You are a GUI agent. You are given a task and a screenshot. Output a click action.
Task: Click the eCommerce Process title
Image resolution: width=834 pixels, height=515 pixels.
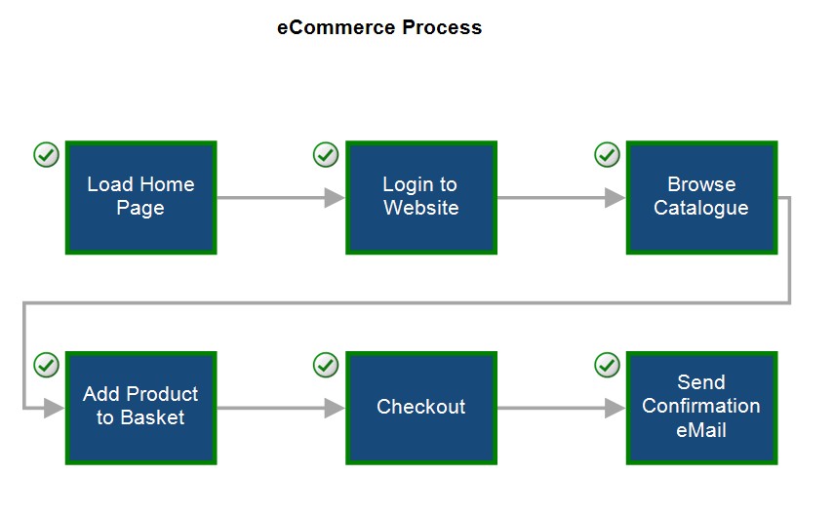pyautogui.click(x=379, y=27)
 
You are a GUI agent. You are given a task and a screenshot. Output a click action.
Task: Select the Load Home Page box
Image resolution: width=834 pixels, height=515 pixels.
pyautogui.click(x=140, y=197)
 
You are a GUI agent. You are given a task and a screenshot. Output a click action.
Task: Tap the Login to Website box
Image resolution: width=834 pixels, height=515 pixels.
pyautogui.click(x=421, y=197)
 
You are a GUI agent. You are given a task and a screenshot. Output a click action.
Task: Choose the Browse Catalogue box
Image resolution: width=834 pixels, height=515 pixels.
pyautogui.click(x=701, y=197)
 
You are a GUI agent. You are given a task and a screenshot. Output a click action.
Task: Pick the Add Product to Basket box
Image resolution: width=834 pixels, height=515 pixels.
pyautogui.click(x=140, y=408)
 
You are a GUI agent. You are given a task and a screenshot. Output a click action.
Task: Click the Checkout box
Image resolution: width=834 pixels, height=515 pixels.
pyautogui.click(x=421, y=408)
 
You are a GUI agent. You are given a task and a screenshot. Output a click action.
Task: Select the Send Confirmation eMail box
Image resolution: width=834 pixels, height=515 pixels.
pyautogui.click(x=701, y=408)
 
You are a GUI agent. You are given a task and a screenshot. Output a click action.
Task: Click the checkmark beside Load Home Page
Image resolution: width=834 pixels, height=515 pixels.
pyautogui.click(x=46, y=155)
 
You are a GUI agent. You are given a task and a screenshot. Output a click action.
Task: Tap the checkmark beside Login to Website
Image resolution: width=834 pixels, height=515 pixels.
pyautogui.click(x=326, y=155)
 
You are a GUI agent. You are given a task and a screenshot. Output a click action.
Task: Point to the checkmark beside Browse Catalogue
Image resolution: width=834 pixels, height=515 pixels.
pyautogui.click(x=607, y=155)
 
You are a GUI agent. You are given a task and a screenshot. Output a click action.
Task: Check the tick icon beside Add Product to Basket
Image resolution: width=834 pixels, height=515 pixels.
pyautogui.click(x=46, y=365)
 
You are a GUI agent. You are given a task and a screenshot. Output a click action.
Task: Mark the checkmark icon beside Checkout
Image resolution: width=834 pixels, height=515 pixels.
pyautogui.click(x=326, y=365)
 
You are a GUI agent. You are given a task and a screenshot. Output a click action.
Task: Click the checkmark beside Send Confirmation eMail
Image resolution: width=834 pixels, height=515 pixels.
pyautogui.click(x=607, y=365)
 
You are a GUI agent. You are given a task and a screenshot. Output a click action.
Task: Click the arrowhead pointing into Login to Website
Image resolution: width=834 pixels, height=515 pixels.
pyautogui.click(x=335, y=198)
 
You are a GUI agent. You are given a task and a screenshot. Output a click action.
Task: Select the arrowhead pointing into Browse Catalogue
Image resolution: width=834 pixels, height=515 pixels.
pyautogui.click(x=615, y=198)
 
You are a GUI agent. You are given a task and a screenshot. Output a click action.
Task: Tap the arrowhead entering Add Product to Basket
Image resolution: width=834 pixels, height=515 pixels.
pyautogui.click(x=55, y=408)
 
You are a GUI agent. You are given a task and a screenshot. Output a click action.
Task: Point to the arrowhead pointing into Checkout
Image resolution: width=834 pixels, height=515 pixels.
pyautogui.click(x=335, y=408)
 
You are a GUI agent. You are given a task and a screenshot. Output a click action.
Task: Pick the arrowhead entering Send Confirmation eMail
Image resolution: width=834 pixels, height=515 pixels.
pyautogui.click(x=615, y=408)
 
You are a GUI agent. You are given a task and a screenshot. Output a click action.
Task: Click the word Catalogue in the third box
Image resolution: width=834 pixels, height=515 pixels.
pyautogui.click(x=701, y=208)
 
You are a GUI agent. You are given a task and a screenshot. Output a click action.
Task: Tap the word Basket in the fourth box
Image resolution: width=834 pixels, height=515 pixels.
pyautogui.click(x=152, y=417)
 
